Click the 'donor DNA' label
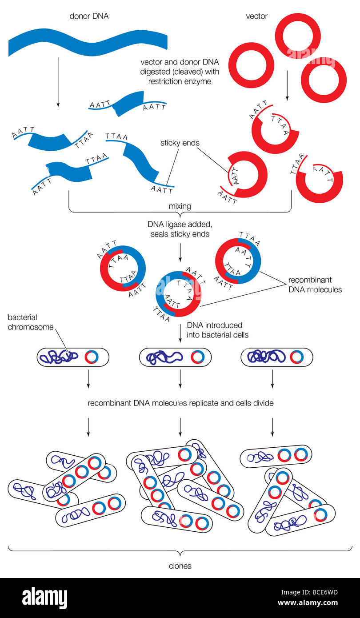click(x=89, y=16)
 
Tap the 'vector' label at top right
click(x=256, y=16)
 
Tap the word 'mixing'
click(x=180, y=206)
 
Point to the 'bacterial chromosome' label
click(x=29, y=322)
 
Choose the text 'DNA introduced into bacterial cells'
click(x=217, y=330)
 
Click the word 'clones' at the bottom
click(x=180, y=566)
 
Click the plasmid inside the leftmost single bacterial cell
click(x=91, y=357)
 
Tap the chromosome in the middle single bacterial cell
click(x=164, y=357)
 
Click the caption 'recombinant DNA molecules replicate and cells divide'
click(x=180, y=403)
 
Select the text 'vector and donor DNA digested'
click(x=180, y=66)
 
